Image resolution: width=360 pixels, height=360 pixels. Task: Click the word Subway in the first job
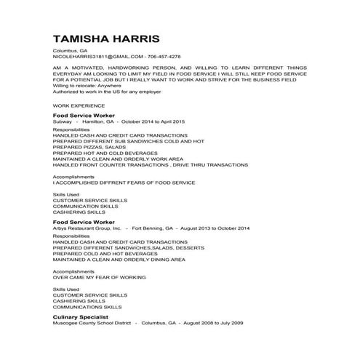tap(63, 121)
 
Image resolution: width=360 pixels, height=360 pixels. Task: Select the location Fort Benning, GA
tap(153, 228)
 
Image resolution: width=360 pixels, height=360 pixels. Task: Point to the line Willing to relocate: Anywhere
tap(84, 86)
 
